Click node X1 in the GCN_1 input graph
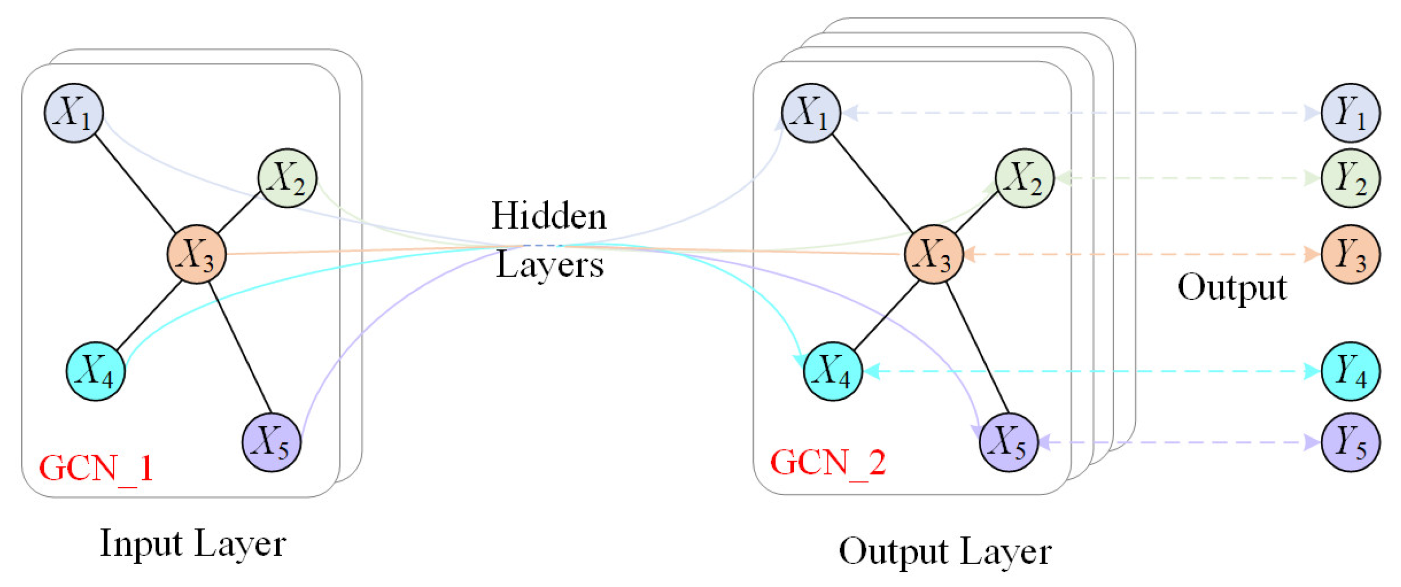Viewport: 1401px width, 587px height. [x=74, y=113]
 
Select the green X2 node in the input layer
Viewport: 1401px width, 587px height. [x=287, y=178]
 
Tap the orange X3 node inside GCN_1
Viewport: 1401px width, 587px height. [x=196, y=254]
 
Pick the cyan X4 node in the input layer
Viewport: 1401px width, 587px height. [x=96, y=371]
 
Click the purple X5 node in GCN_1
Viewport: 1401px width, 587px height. [x=272, y=442]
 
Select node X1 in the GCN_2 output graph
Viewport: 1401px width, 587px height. [x=811, y=113]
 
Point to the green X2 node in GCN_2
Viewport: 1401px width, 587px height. [x=1025, y=178]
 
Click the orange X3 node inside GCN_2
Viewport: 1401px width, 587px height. [x=934, y=254]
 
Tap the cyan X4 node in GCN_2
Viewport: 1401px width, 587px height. [x=832, y=371]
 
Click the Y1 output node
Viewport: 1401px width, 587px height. [x=1350, y=113]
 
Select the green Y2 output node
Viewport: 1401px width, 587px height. [x=1350, y=178]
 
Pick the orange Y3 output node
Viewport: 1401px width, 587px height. [x=1350, y=254]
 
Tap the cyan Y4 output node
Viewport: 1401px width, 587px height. [x=1350, y=371]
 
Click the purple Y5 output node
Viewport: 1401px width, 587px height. [x=1350, y=442]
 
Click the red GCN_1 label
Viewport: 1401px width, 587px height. [x=96, y=467]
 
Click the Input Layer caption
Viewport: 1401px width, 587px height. [x=192, y=543]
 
